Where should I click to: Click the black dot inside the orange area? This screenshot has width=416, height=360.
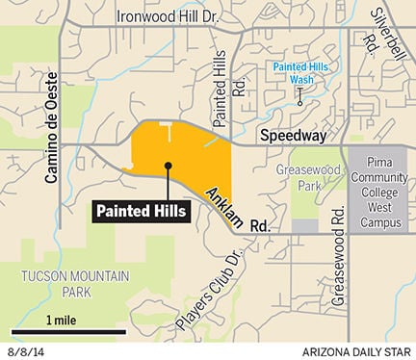168,166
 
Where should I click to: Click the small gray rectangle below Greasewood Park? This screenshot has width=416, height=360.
303,225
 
